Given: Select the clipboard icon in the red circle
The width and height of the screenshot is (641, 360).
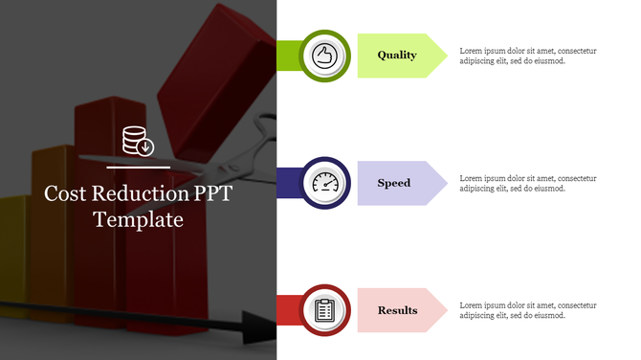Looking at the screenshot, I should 323,309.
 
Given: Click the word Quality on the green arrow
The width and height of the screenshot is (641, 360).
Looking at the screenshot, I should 396,55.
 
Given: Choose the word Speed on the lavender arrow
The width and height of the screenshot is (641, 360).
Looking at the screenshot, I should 393,182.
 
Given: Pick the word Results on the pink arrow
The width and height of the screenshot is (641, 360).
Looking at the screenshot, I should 397,309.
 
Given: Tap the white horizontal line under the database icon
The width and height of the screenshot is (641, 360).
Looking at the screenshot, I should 138,167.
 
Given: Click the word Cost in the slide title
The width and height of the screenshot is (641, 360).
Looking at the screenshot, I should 64,193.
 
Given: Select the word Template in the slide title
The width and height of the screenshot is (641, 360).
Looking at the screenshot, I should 138,219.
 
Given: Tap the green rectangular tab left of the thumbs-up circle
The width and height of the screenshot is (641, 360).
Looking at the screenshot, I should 288,55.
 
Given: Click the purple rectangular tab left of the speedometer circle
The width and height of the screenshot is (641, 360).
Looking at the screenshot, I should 288,182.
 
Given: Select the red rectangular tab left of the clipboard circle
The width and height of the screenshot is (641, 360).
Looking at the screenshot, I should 288,309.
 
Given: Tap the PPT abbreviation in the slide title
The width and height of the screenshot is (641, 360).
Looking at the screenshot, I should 213,193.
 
